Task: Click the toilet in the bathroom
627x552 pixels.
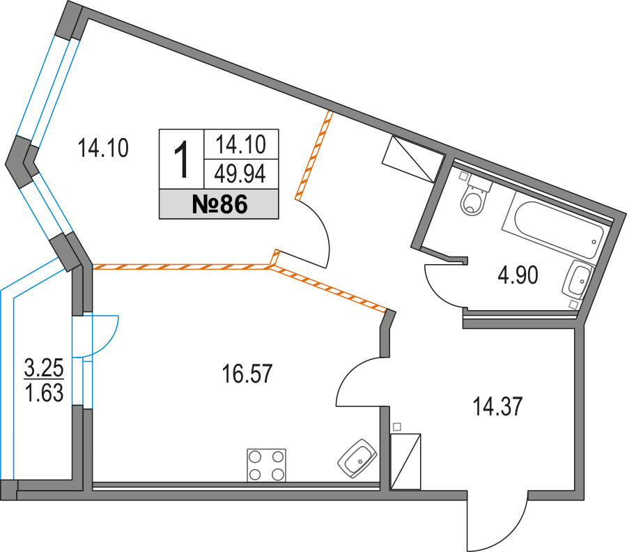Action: click(474, 199)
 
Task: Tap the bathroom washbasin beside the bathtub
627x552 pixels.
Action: click(580, 279)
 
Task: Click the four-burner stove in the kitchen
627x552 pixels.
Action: click(266, 465)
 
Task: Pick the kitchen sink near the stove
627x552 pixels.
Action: click(357, 459)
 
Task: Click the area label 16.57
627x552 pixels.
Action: click(247, 375)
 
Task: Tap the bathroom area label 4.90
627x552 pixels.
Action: click(517, 277)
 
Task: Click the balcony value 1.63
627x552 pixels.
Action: click(44, 394)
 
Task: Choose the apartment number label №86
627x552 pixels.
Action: click(219, 204)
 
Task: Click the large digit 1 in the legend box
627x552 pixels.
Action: click(181, 159)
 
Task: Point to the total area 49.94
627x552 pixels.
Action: click(241, 174)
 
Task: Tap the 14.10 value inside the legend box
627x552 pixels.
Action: click(241, 145)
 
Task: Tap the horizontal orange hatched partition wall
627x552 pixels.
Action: click(181, 266)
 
